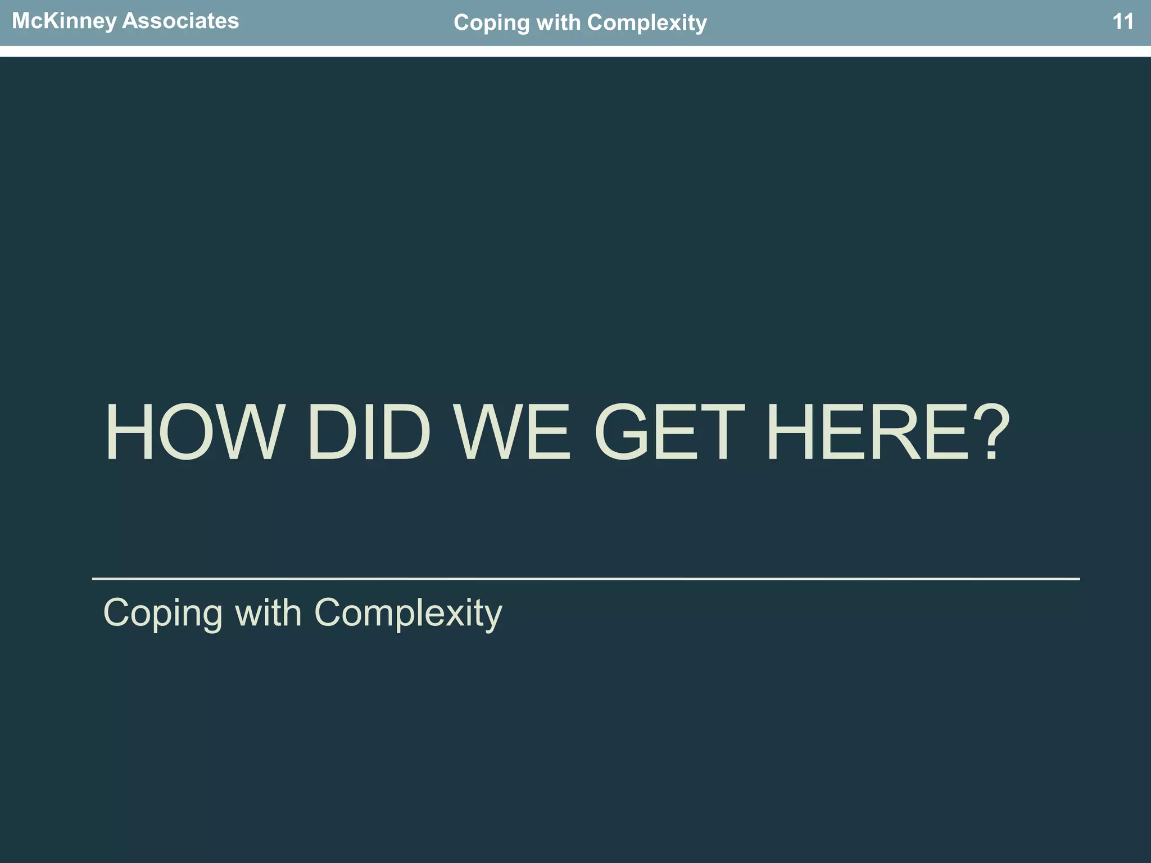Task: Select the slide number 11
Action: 1123,22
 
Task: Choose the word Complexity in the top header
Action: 646,23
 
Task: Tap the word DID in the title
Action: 369,433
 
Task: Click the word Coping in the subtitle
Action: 163,614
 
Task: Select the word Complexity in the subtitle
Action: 408,614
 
